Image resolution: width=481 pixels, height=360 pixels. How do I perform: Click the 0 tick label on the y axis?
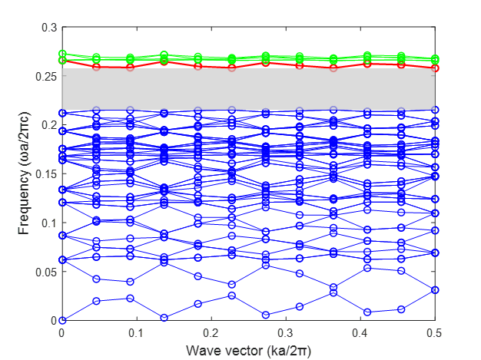pyautogui.click(x=55, y=321)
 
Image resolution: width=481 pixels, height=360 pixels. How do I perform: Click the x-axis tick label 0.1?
pyautogui.click(x=137, y=334)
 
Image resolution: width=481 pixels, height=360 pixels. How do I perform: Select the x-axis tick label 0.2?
pyautogui.click(x=211, y=334)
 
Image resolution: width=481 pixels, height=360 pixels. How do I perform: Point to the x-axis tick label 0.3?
pyautogui.click(x=286, y=334)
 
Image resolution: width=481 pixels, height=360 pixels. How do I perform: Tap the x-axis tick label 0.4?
pyautogui.click(x=361, y=334)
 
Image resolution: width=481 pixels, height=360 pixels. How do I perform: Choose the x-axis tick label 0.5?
pyautogui.click(x=436, y=334)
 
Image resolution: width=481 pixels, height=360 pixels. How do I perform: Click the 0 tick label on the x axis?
pyautogui.click(x=62, y=334)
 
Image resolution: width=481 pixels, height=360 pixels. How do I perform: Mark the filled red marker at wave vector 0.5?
pyautogui.click(x=436, y=68)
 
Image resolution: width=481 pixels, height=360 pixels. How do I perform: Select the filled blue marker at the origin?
pyautogui.click(x=62, y=321)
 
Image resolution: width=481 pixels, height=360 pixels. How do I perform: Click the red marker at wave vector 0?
pyautogui.click(x=62, y=60)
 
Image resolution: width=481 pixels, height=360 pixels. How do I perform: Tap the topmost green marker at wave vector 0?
pyautogui.click(x=62, y=54)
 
